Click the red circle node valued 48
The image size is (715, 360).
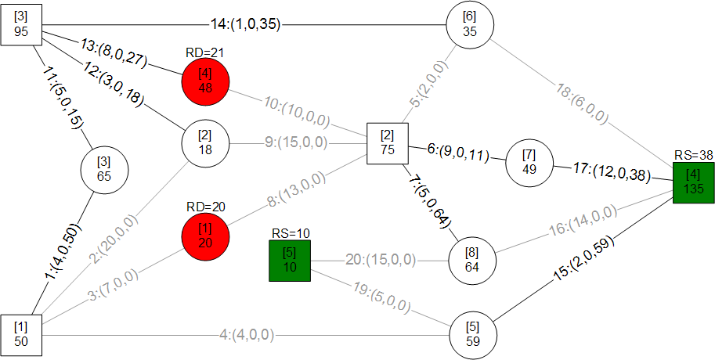point(205,81)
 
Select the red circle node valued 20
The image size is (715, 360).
point(205,237)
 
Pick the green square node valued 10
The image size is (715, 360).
point(290,261)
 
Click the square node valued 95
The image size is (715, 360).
point(21,25)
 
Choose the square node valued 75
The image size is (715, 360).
point(388,143)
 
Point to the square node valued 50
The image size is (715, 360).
point(21,335)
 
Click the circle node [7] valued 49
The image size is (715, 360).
point(529,163)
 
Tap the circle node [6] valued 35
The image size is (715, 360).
point(470,24)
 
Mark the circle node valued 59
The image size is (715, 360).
point(473,336)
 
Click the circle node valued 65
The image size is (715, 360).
point(104,170)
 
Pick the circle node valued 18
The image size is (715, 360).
point(205,143)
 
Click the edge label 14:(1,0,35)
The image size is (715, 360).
point(245,24)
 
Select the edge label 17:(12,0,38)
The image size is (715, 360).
point(611,173)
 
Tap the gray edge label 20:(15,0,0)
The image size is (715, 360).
point(381,260)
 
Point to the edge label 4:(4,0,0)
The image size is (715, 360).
point(246,336)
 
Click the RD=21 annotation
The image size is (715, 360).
point(204,52)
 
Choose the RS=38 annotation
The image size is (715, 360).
point(693,156)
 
